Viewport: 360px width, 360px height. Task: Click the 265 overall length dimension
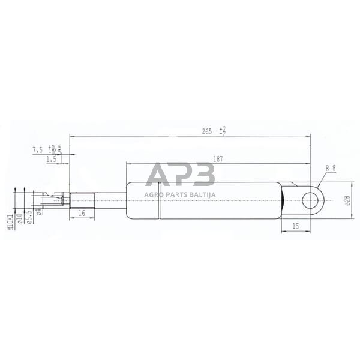208,131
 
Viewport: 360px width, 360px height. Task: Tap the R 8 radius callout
330,169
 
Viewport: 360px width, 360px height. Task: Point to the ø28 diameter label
346,200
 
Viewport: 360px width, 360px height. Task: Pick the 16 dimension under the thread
81,214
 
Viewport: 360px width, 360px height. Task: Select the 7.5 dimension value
37,148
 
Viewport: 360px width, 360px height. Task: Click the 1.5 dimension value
51,160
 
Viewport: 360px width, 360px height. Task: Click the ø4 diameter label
38,211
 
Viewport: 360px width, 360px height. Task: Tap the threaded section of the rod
81,200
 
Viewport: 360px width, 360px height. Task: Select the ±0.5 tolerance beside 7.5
55,148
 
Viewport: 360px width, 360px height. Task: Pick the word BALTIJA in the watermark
201,194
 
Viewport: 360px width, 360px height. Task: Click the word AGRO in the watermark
155,194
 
